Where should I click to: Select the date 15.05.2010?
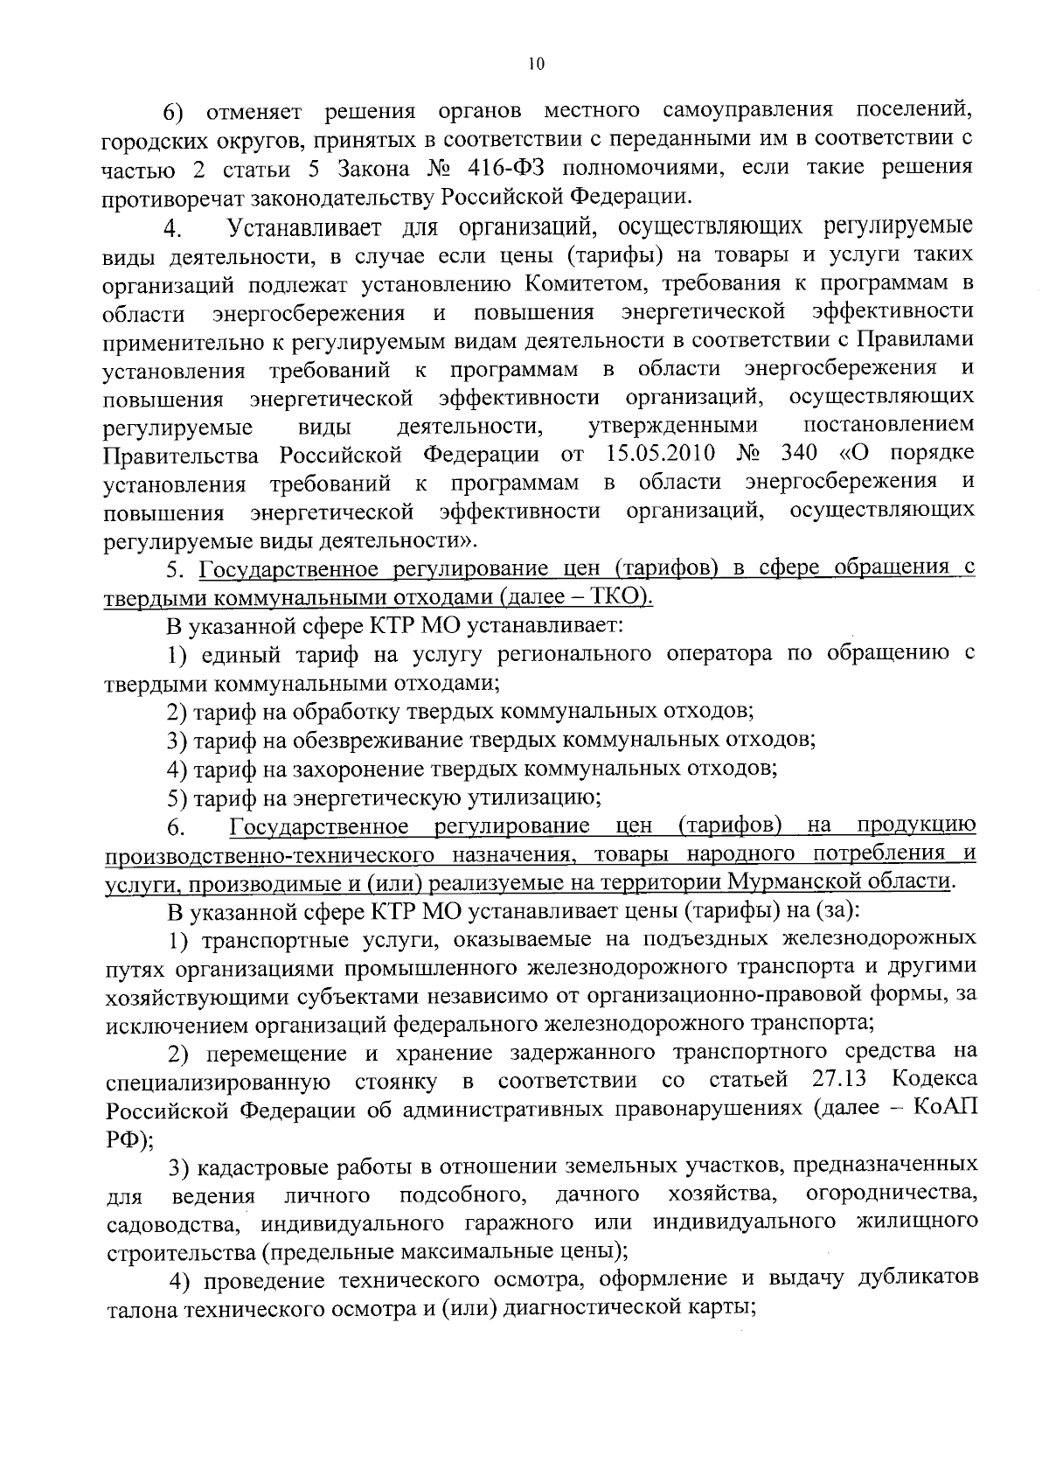660,455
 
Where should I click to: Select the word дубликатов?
916,1280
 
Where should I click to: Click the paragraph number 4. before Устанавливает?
172,230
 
